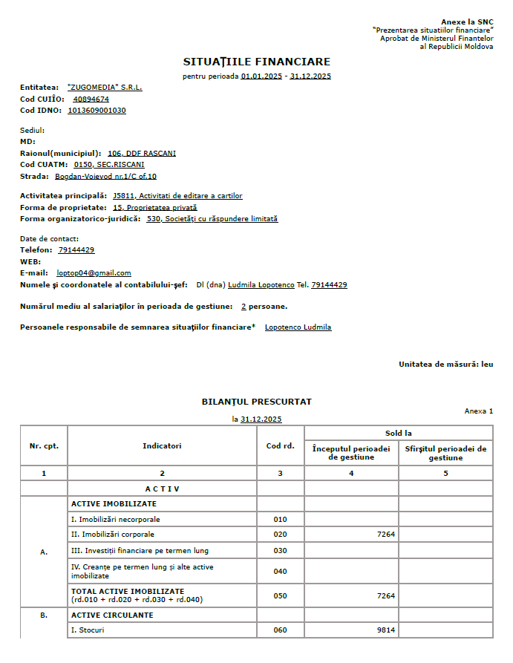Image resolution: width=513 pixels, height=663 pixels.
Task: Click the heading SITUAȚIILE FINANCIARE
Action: click(x=256, y=62)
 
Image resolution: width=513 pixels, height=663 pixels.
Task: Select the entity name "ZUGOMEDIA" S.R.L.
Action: click(x=105, y=87)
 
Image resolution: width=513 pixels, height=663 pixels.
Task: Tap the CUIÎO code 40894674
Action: click(x=91, y=99)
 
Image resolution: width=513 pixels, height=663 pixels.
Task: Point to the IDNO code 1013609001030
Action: click(x=97, y=111)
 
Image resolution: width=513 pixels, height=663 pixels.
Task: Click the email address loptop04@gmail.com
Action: click(x=94, y=273)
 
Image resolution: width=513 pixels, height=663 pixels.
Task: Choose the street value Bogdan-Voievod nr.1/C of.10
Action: click(x=105, y=177)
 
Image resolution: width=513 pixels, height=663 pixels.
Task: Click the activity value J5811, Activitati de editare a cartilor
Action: click(x=177, y=196)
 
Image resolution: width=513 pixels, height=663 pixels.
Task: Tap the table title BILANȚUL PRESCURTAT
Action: click(x=257, y=402)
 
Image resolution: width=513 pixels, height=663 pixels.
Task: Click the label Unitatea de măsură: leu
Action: click(x=445, y=364)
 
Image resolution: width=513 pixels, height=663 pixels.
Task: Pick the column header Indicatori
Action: click(x=162, y=446)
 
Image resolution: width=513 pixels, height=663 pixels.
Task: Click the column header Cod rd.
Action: click(x=280, y=446)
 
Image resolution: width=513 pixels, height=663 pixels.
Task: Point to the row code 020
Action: click(x=280, y=535)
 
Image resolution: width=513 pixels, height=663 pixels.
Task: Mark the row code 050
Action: click(x=280, y=595)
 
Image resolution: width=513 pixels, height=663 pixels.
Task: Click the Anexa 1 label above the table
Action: click(x=478, y=411)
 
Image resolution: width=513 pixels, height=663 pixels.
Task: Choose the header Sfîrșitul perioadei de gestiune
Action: click(x=445, y=453)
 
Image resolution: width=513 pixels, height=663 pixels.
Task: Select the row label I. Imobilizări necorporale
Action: click(x=116, y=520)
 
